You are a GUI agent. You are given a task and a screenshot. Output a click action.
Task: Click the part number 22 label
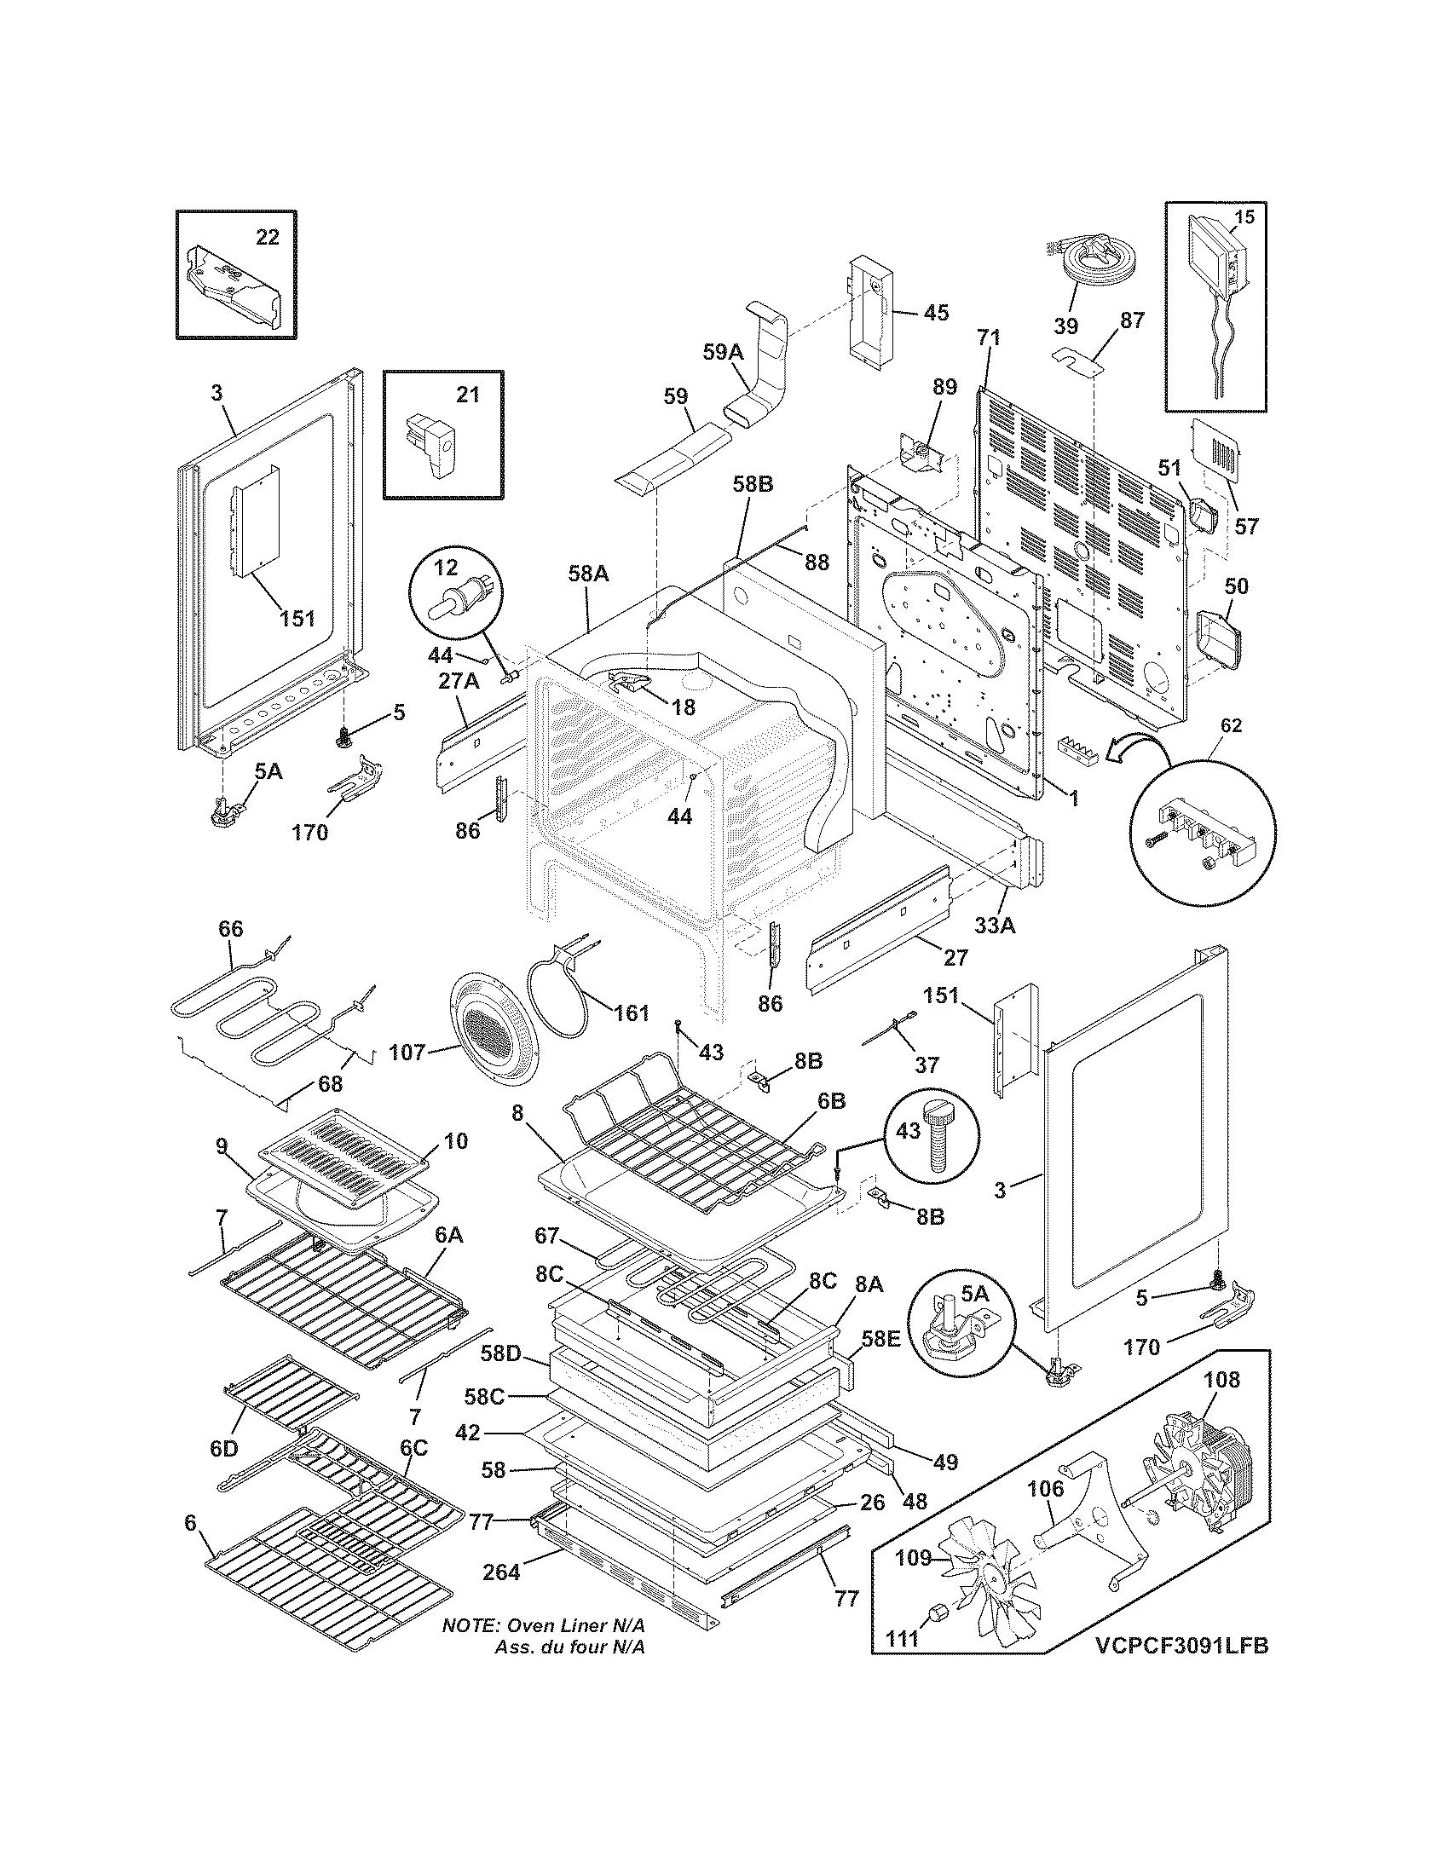pyautogui.click(x=268, y=237)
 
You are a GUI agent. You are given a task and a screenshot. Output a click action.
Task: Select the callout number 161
pyautogui.click(x=631, y=1013)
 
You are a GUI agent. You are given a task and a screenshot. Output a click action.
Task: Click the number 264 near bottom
pyautogui.click(x=500, y=1571)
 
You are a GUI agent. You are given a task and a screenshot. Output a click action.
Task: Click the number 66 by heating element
pyautogui.click(x=231, y=929)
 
